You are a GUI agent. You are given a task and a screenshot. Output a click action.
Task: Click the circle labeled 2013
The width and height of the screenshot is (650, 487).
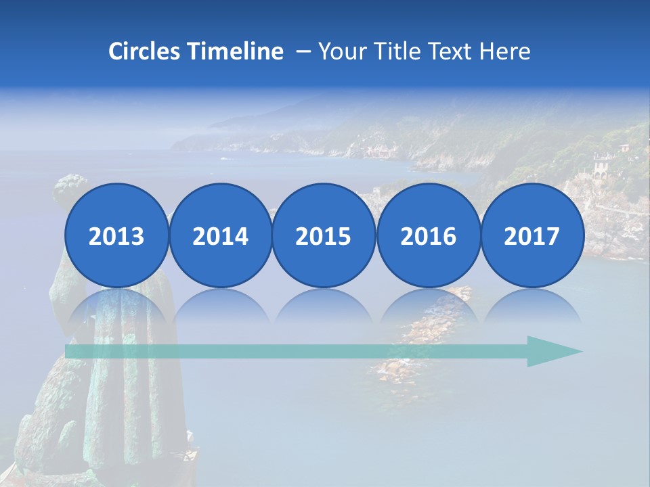pyautogui.click(x=116, y=236)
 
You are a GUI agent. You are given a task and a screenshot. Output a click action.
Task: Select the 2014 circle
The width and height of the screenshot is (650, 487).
pyautogui.click(x=220, y=236)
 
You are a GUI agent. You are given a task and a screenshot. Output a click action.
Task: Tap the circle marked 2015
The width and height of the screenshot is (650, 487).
pyautogui.click(x=324, y=236)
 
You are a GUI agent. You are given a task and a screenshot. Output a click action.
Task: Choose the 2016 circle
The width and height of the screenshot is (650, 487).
pyautogui.click(x=428, y=236)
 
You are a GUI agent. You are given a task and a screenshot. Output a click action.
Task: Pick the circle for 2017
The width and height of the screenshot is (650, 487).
pyautogui.click(x=532, y=236)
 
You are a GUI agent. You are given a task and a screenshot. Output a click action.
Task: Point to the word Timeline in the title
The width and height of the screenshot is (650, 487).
pyautogui.click(x=236, y=51)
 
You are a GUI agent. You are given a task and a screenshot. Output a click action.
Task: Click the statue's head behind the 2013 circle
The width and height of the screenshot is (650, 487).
pyautogui.click(x=71, y=189)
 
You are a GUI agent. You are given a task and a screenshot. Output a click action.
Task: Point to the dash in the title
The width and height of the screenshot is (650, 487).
pyautogui.click(x=302, y=52)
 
